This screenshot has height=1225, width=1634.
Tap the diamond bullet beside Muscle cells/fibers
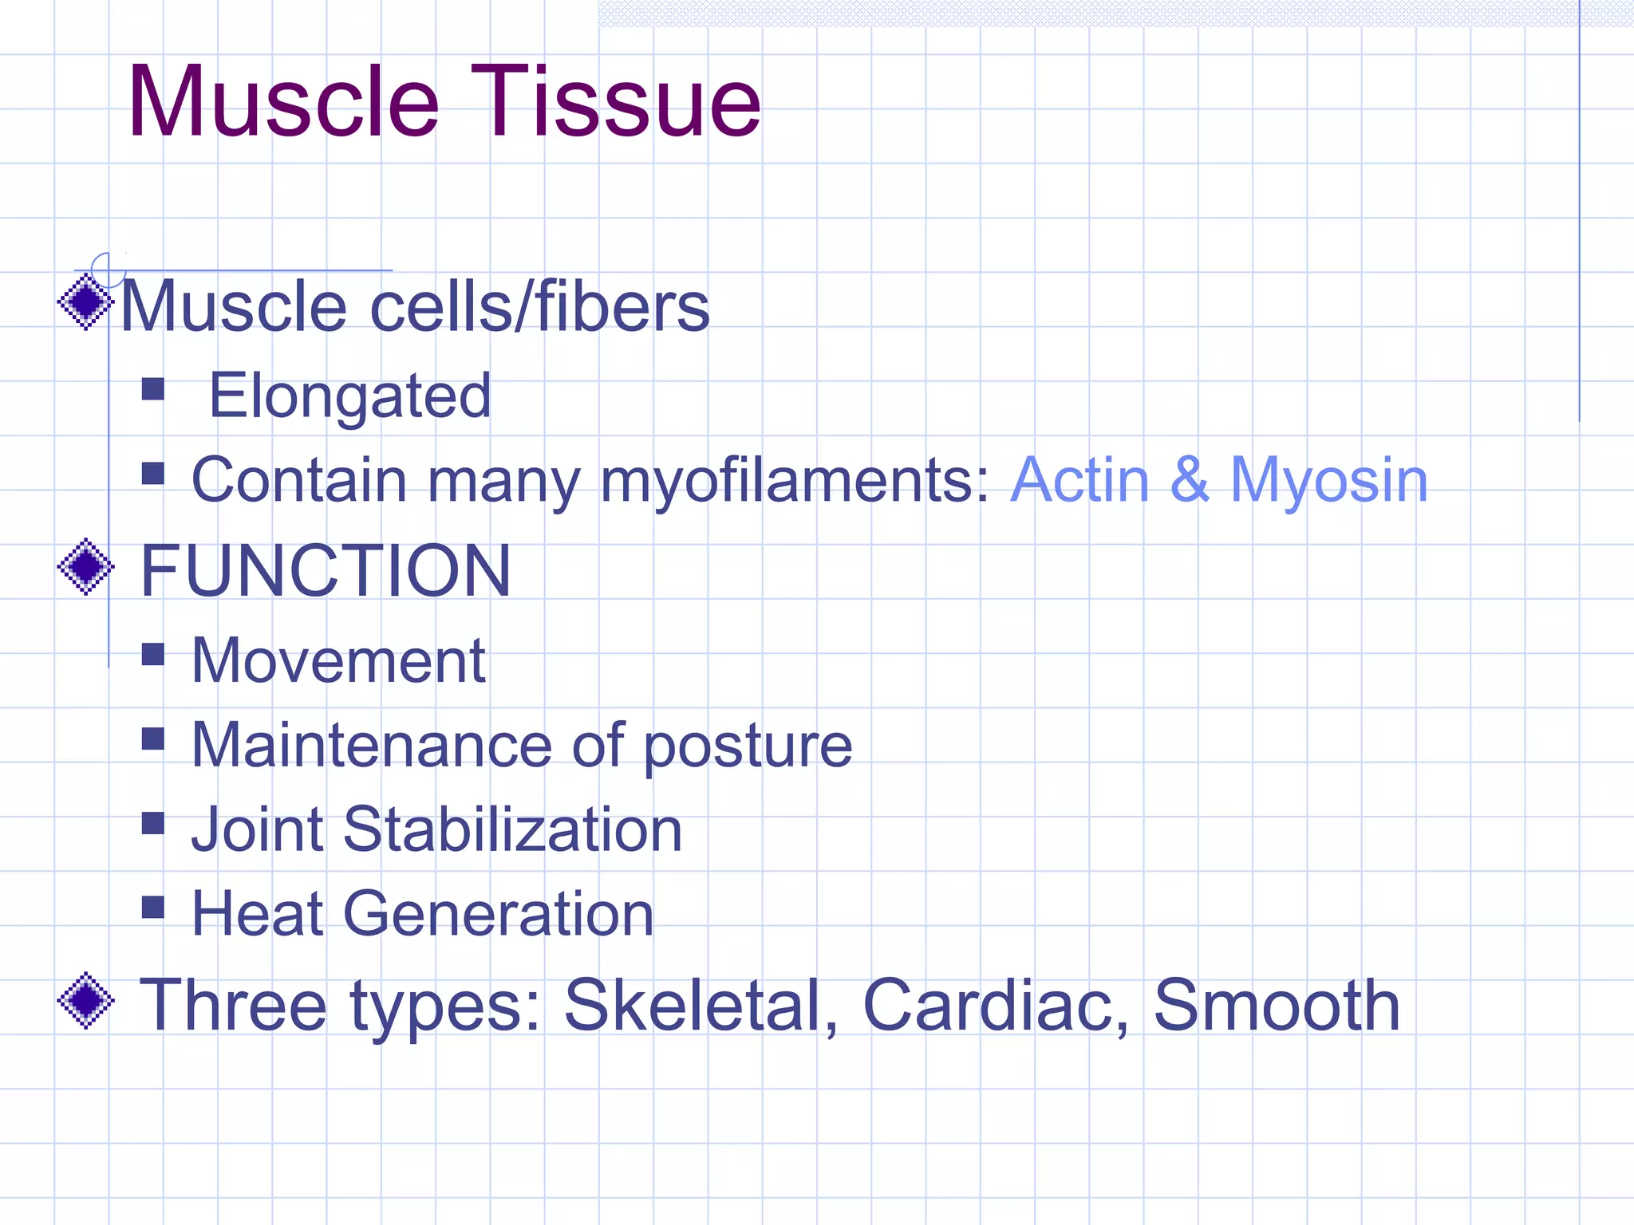point(86,301)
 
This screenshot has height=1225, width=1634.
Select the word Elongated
point(349,396)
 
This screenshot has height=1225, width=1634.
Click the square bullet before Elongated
point(152,389)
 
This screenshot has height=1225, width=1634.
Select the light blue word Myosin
point(1328,481)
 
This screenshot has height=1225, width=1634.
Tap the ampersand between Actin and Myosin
point(1190,480)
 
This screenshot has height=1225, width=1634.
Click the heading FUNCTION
point(326,570)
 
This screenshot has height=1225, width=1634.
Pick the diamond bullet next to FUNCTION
point(86,567)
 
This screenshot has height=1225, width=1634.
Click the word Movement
point(338,661)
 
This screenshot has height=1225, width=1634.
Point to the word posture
point(748,746)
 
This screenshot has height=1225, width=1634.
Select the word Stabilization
point(512,829)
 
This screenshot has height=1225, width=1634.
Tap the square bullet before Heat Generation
point(152,907)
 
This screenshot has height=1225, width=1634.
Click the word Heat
point(257,914)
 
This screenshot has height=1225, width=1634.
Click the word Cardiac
point(995,1005)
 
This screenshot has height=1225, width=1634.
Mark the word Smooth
point(1277,1005)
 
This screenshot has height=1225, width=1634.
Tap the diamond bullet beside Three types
point(86,1000)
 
